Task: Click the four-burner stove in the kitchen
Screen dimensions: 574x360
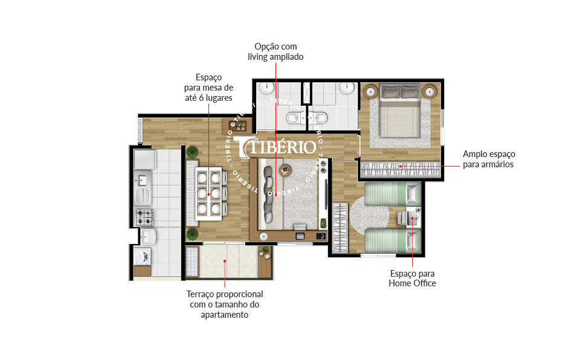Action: pos(144,217)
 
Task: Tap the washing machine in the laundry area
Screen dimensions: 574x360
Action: pos(143,256)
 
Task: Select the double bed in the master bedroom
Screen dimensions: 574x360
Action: pos(400,111)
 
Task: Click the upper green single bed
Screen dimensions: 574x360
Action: pos(392,194)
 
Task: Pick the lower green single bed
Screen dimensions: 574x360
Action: pos(392,241)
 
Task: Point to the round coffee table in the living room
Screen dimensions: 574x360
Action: pos(285,170)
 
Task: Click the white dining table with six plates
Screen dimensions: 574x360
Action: pos(208,193)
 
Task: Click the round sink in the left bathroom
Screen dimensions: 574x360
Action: pos(267,88)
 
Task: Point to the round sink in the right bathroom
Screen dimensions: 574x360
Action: pos(347,88)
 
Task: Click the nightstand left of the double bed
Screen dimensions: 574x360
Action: pos(371,91)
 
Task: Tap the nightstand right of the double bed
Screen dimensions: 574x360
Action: pos(430,91)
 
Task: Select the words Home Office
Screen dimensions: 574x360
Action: pos(412,283)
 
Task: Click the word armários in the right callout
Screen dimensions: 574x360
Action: pos(496,164)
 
